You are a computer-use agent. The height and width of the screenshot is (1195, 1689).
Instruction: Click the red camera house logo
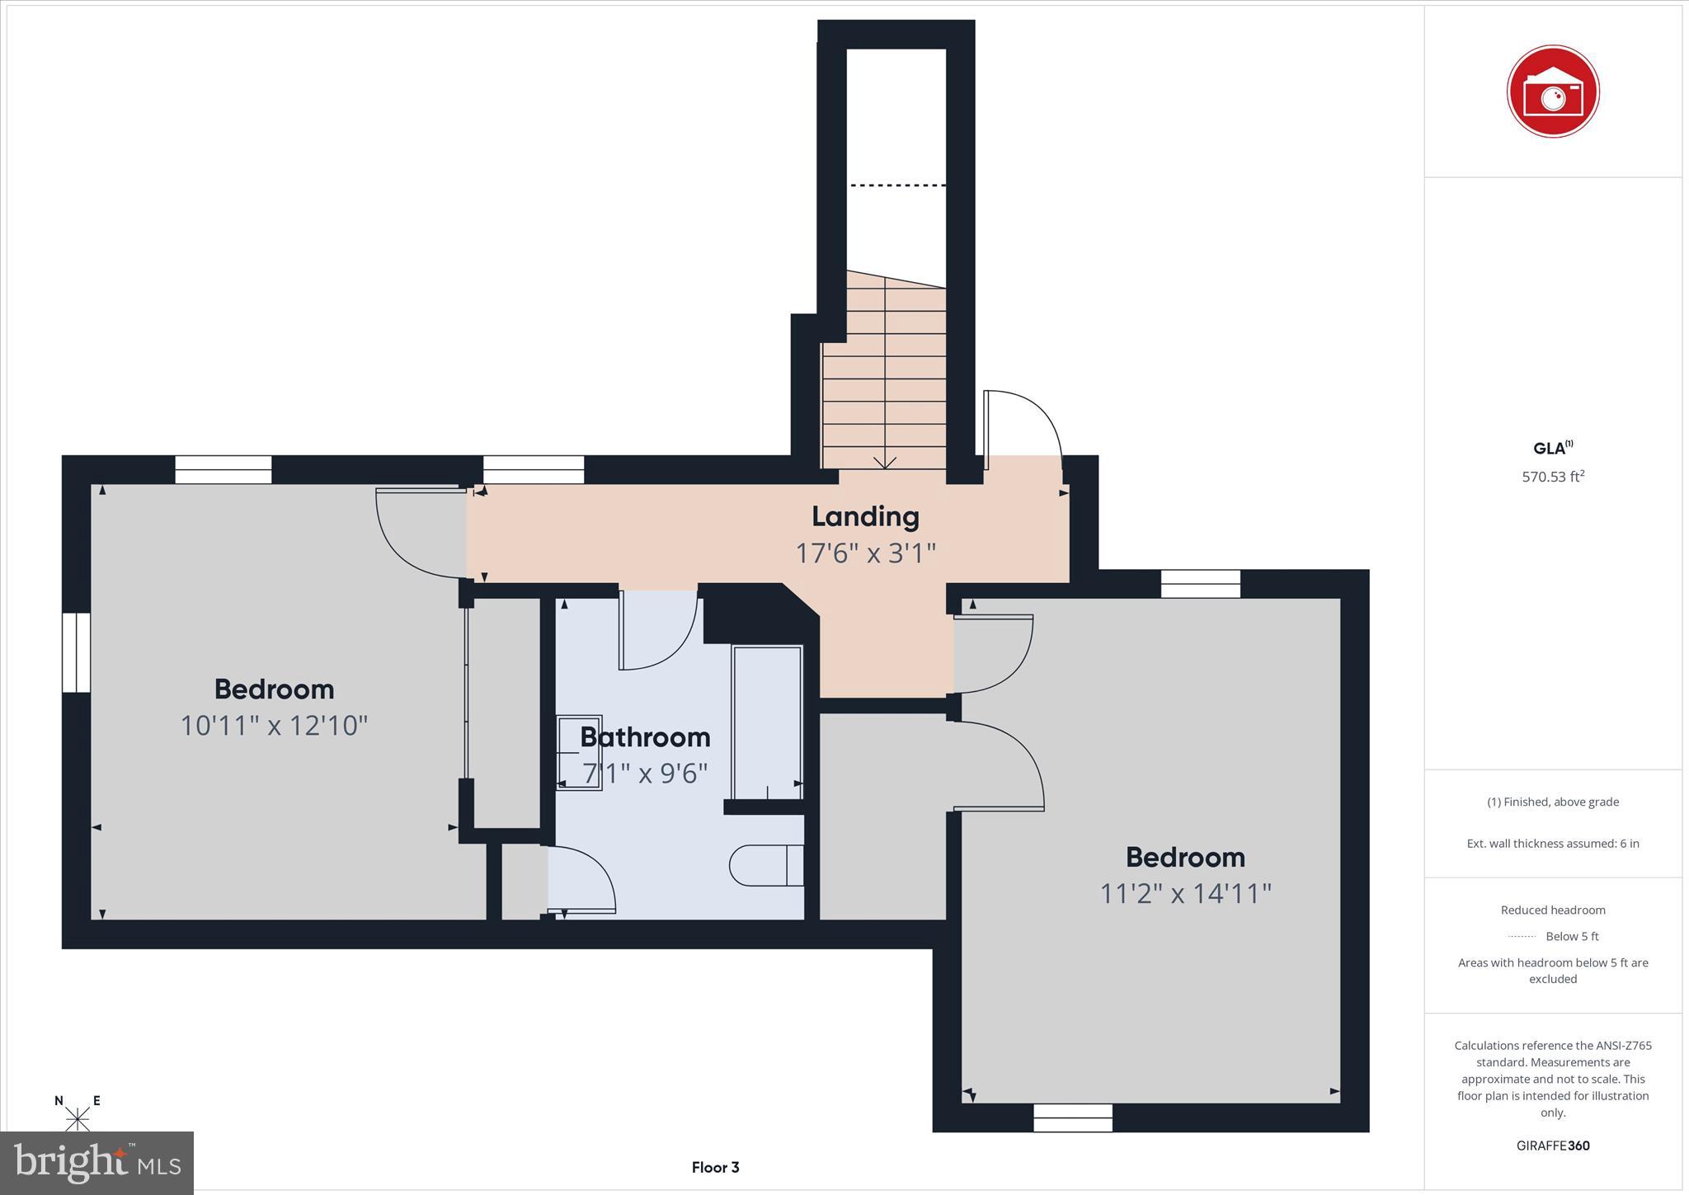tap(1552, 92)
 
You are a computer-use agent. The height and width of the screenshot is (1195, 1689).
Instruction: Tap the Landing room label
tap(865, 516)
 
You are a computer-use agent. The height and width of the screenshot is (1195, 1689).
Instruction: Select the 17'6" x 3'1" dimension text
tap(865, 553)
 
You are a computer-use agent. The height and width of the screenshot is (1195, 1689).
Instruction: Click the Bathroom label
tap(645, 736)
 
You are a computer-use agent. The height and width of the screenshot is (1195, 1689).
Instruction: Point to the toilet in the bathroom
tap(766, 865)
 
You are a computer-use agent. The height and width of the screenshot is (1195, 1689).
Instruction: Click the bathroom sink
tap(579, 752)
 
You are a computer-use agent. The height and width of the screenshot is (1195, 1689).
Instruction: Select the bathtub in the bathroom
tap(767, 722)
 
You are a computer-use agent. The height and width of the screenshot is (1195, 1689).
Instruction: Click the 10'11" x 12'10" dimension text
tap(274, 726)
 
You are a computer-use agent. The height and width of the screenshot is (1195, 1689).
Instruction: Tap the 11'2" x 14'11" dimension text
tap(1185, 893)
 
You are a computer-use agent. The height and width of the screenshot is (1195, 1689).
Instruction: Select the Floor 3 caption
tap(715, 1167)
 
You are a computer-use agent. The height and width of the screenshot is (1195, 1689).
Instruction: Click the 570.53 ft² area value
tap(1552, 477)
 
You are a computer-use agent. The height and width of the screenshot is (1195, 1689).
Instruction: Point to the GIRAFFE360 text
tap(1552, 1146)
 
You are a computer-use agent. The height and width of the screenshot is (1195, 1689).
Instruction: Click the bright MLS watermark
tap(96, 1163)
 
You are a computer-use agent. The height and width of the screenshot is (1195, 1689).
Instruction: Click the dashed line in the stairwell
tap(897, 186)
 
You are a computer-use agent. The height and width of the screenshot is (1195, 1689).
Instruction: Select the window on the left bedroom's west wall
tap(76, 652)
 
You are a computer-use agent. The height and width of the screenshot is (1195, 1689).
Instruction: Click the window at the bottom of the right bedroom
tap(1072, 1117)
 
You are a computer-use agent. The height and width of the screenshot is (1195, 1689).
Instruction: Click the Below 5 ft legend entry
tap(1553, 936)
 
